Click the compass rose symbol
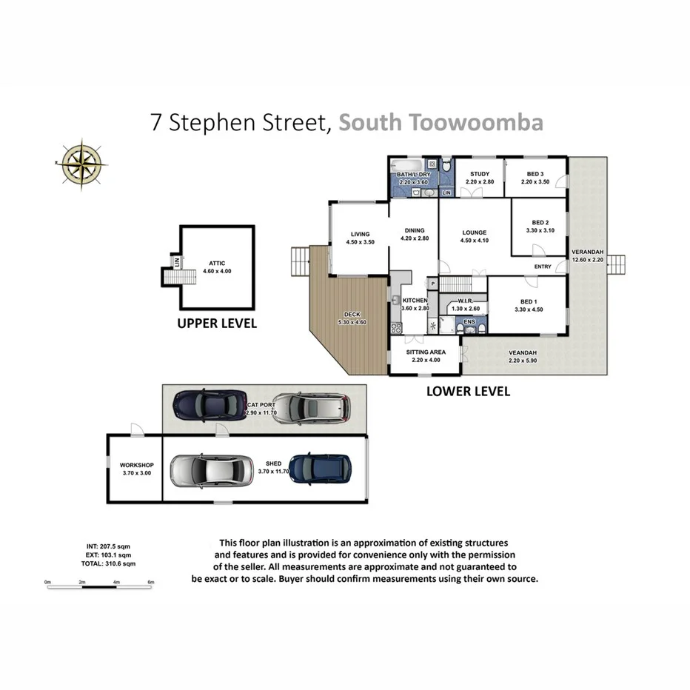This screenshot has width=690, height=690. click(81, 163)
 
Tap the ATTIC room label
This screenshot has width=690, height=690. click(216, 263)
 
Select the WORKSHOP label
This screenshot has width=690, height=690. click(135, 465)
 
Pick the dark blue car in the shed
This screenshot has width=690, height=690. click(321, 469)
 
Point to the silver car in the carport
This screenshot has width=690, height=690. click(310, 407)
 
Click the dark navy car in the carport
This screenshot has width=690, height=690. click(210, 404)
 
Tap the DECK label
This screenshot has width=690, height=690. click(352, 315)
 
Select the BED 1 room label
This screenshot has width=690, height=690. click(528, 302)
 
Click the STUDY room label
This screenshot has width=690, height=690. click(479, 174)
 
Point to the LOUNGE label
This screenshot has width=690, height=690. click(475, 232)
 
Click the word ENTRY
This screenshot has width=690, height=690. click(543, 267)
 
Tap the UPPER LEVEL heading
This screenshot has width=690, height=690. click(216, 324)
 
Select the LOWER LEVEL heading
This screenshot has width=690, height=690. click(468, 392)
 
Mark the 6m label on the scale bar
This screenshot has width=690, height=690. click(150, 583)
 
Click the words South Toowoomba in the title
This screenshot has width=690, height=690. click(441, 122)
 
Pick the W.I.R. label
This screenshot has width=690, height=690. click(466, 301)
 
